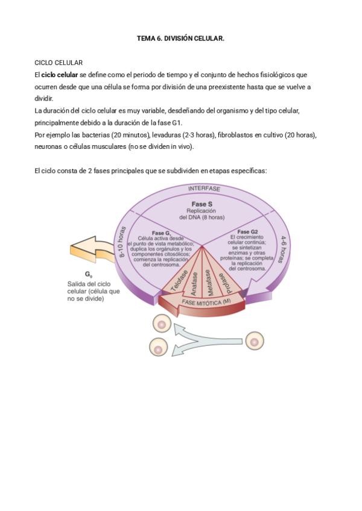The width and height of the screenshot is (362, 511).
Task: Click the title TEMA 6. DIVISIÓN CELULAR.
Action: pos(180,39)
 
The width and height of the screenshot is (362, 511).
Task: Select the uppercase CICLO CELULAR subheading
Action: pos(59,63)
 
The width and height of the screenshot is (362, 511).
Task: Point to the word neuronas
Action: pos(49,146)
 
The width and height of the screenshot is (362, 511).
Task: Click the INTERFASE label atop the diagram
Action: pos(204,189)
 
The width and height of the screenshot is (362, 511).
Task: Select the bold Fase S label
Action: pos(202,204)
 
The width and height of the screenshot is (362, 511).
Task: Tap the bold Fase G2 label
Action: pos(247,232)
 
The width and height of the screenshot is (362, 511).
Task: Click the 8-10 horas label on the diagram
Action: pos(125,242)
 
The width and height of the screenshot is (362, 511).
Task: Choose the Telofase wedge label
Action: pos(180,280)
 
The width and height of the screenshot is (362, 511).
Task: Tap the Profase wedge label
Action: pos(224,279)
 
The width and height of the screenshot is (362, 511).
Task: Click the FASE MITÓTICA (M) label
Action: pos(206,301)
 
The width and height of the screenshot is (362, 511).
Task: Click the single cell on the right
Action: pos(255,342)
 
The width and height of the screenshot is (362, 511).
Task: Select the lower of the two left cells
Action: pos(158,348)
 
